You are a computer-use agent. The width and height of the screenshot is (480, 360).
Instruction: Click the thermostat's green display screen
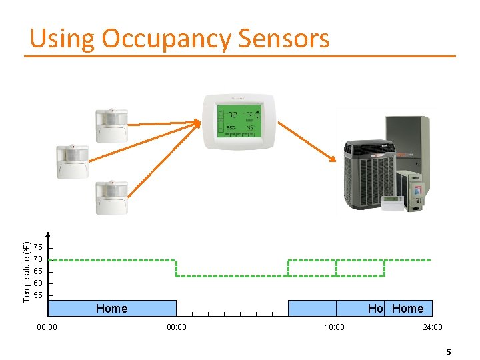coord(238,121)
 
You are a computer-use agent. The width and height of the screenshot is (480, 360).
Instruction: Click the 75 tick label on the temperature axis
coord(38,247)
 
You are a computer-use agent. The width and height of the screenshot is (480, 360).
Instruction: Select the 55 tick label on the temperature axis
coord(38,295)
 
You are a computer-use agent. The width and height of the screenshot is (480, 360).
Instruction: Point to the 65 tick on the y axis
coord(38,271)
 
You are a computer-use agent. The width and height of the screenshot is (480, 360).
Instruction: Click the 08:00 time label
coord(176,327)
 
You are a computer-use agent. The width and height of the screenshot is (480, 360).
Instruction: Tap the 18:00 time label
coord(334,327)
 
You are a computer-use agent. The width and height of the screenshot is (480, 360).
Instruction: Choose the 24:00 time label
coord(432,327)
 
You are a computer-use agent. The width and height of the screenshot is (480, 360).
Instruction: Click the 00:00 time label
coord(47,327)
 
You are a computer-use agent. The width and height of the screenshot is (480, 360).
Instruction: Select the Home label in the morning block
coord(111,309)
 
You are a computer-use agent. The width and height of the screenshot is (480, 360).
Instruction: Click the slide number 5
coord(449,351)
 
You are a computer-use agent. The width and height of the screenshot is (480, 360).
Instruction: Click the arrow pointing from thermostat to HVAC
coord(306,140)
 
